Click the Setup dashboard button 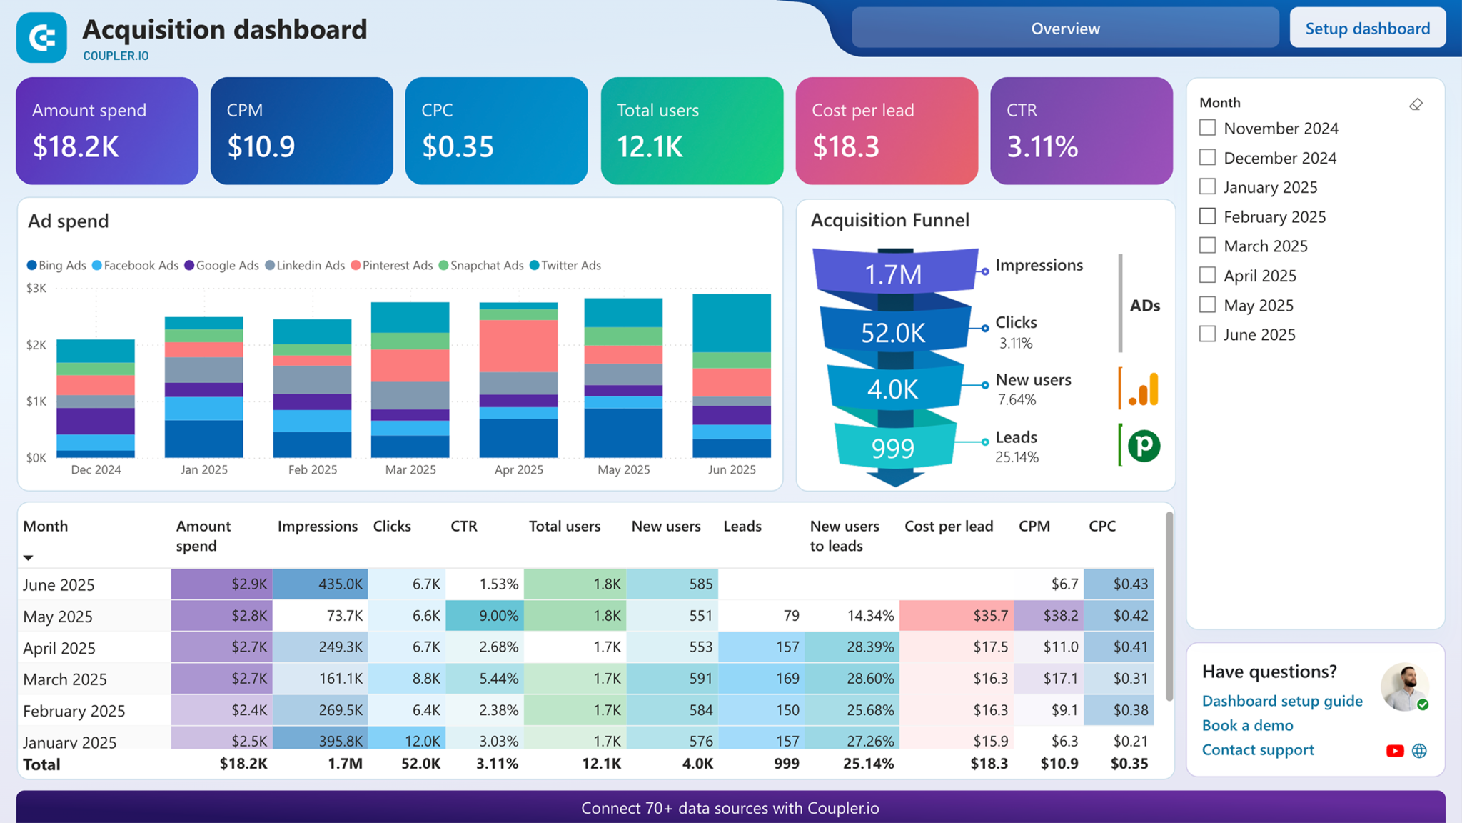1367,29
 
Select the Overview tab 1065,29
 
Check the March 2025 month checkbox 1207,246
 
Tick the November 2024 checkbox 1207,128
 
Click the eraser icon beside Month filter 1416,105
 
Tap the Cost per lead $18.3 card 887,131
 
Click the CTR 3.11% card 1081,131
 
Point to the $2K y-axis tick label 36,345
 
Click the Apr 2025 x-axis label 518,470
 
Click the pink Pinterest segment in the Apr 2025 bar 518,346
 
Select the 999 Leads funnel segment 894,448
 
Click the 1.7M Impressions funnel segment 894,274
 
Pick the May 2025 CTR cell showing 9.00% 485,616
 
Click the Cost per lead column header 949,527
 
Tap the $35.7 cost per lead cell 956,616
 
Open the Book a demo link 1247,726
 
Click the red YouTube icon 1394,751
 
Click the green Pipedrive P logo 1144,446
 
